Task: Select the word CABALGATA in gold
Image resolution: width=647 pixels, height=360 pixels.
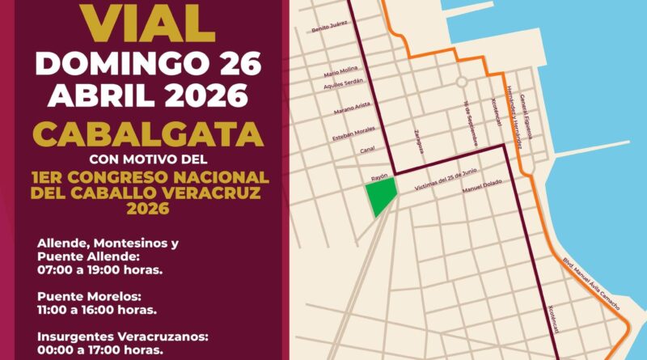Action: pos(147,130)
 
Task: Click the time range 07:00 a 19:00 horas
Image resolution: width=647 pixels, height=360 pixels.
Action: pos(100,269)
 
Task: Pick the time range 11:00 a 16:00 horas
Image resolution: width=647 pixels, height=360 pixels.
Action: pos(98,309)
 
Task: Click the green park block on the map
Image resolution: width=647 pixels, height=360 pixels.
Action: pos(380,197)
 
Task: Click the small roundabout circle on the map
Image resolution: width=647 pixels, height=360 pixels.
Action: pos(460,82)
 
